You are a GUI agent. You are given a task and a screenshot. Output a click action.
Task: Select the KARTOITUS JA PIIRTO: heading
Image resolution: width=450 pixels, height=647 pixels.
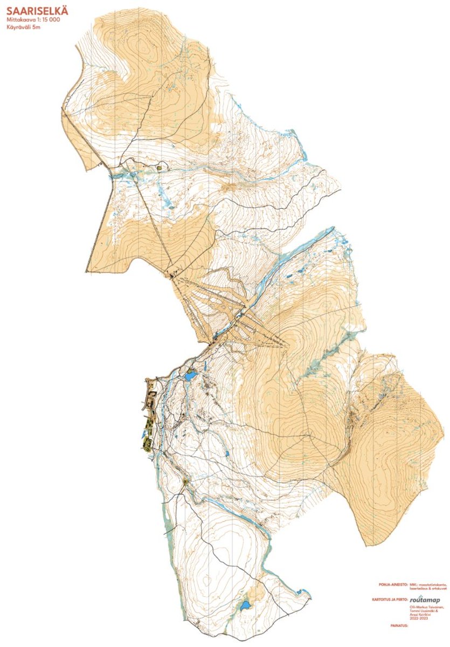(389, 599)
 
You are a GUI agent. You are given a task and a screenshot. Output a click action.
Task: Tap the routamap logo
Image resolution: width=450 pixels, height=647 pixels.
(426, 599)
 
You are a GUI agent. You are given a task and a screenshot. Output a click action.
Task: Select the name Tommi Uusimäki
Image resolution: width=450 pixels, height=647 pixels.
(423, 611)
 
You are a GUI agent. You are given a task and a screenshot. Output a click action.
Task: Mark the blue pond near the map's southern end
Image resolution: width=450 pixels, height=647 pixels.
(245, 605)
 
